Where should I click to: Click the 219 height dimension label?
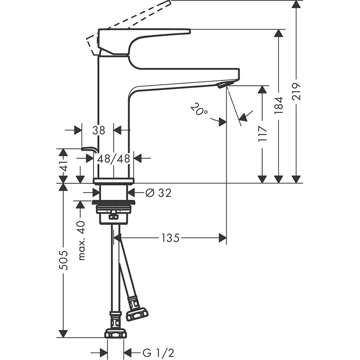coord(296,91)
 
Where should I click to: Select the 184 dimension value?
coord(279,106)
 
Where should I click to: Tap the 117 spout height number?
coord(262,134)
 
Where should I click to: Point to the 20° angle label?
coord(199,109)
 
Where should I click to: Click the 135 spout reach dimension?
coord(171,238)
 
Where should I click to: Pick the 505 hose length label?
coord(63,260)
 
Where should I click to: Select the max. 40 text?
coord(81,241)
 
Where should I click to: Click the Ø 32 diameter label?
coord(158,193)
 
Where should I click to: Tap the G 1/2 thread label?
coord(158,353)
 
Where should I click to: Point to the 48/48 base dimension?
coord(113,158)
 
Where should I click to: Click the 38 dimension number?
coord(99,130)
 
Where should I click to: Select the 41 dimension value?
coord(64,166)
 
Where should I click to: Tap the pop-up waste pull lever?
coord(90,149)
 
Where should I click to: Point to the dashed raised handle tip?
coord(170,2)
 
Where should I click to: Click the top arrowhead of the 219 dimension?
coord(296,4)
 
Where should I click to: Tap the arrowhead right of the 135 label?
coord(223,238)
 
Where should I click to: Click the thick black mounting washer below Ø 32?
coord(113,202)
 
